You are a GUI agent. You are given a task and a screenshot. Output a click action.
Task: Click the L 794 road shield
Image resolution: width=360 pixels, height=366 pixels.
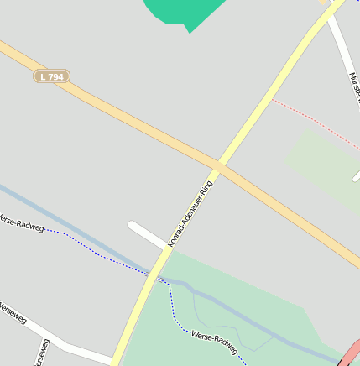[x=51, y=76]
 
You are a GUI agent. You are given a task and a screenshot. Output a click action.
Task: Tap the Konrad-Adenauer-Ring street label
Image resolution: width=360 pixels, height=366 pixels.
[x=190, y=213]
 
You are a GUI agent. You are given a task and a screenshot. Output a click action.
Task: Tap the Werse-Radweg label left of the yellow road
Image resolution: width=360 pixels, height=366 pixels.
[x=20, y=224]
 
